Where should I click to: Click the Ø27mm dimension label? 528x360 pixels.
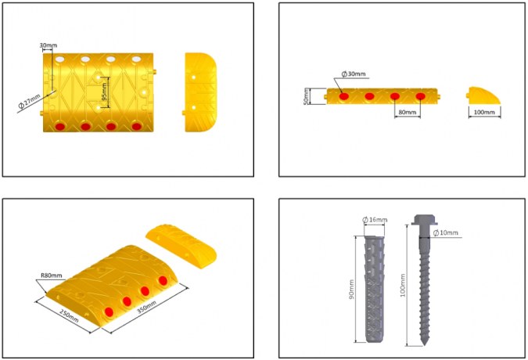tap(29, 102)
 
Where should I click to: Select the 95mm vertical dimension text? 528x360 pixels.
tap(104, 92)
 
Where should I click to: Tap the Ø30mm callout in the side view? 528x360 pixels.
tap(354, 74)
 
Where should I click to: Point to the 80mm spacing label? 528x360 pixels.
tap(407, 112)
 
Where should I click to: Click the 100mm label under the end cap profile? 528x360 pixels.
tap(484, 112)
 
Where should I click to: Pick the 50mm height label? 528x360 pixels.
tap(306, 96)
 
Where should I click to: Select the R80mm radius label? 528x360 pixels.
tap(52, 275)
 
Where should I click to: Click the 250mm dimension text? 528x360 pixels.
tap(69, 315)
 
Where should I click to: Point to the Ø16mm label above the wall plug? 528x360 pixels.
tap(375, 220)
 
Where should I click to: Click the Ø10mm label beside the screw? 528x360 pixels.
tap(446, 232)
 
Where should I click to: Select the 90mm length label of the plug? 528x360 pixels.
tap(351, 290)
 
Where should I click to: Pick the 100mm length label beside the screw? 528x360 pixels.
tap(403, 285)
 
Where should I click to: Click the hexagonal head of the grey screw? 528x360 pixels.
tap(424, 220)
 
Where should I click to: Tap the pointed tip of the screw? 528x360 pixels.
tap(425, 345)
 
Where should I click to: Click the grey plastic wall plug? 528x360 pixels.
tap(374, 289)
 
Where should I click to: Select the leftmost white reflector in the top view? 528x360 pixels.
tap(59, 59)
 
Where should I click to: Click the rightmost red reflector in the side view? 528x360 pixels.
tap(420, 96)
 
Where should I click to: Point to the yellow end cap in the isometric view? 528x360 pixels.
tap(181, 247)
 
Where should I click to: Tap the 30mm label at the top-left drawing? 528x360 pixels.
tap(48, 45)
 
